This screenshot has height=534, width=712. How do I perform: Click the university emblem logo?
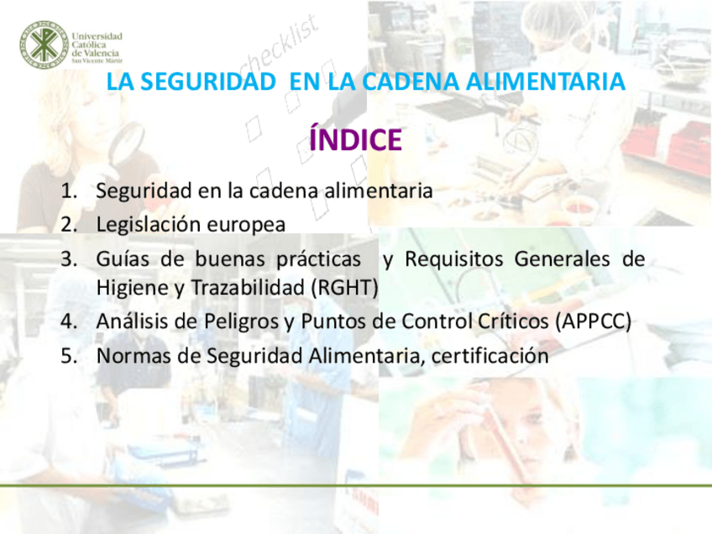(x=43, y=44)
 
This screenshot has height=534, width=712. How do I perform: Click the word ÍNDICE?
(x=355, y=139)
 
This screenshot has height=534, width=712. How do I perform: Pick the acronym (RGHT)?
(x=344, y=287)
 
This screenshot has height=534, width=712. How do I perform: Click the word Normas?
(x=133, y=355)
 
